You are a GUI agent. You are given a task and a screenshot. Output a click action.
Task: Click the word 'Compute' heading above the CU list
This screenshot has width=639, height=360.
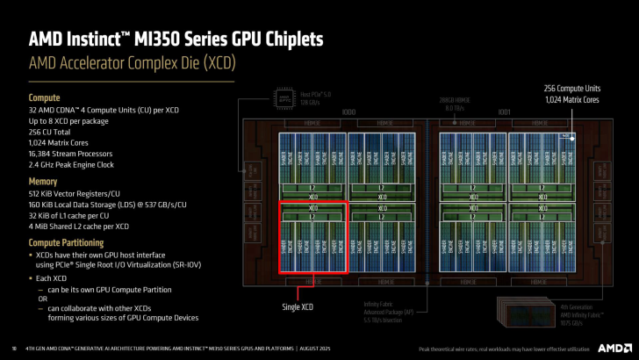coord(45,97)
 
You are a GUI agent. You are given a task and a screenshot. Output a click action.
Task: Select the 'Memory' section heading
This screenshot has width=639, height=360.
coord(44,181)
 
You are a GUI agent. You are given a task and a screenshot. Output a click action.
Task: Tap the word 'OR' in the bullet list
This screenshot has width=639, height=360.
coord(42,299)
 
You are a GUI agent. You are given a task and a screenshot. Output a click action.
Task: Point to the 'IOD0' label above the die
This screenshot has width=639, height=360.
coord(348,112)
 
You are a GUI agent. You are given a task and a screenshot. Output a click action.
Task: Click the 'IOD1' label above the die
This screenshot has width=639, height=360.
coord(505,112)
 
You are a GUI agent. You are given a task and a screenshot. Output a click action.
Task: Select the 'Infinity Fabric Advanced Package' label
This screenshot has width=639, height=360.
coord(389,309)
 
